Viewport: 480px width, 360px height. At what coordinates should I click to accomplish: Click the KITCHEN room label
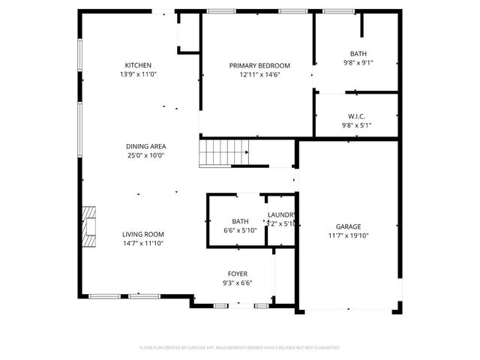click(x=139, y=65)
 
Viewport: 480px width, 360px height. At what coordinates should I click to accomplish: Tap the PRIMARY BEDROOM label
click(x=259, y=66)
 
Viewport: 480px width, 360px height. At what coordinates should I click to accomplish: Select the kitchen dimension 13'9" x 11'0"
click(x=139, y=75)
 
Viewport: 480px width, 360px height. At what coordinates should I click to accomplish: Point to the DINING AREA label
click(x=145, y=146)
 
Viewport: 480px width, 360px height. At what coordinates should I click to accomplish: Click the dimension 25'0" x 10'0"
click(x=145, y=155)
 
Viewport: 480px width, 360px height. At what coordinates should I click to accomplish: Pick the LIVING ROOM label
click(x=142, y=234)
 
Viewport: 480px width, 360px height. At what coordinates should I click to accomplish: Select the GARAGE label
click(x=348, y=226)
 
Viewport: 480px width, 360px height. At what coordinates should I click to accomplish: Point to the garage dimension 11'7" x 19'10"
click(x=348, y=235)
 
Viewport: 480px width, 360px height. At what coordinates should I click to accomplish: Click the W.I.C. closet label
click(x=356, y=116)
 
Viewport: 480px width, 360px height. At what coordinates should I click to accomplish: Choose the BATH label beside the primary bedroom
click(x=358, y=53)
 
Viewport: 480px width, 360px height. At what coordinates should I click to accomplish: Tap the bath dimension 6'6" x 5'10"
click(x=240, y=230)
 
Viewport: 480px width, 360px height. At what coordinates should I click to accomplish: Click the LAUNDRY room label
click(x=281, y=215)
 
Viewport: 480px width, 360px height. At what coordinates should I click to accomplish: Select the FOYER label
click(x=237, y=274)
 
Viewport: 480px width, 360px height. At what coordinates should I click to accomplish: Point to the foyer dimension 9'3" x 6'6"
click(x=237, y=283)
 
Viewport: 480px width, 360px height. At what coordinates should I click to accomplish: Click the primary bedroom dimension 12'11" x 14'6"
click(x=259, y=75)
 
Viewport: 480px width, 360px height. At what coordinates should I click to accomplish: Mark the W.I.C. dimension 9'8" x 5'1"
click(x=356, y=125)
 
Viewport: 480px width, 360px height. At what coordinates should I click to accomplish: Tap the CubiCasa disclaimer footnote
click(x=240, y=348)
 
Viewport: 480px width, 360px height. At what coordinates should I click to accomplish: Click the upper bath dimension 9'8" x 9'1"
click(x=358, y=63)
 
